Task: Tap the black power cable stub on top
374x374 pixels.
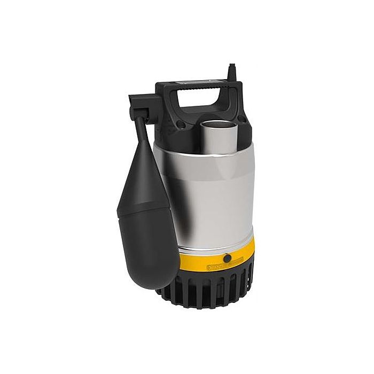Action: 231,72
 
